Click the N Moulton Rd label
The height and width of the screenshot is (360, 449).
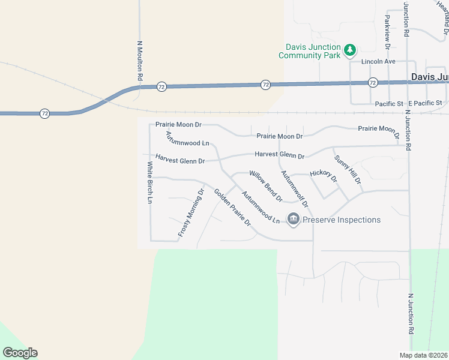[x=139, y=61]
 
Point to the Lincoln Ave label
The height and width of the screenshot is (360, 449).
[x=378, y=62]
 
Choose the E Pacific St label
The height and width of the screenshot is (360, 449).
[x=425, y=104]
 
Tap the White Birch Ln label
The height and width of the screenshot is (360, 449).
[x=149, y=182]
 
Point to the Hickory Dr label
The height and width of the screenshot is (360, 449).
[x=324, y=177]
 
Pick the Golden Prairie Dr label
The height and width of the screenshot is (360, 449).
[x=232, y=208]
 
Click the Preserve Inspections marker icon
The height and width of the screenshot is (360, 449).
[x=294, y=220]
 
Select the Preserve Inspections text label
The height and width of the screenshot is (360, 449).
[x=342, y=220]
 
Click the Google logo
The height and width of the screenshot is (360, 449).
[x=20, y=353]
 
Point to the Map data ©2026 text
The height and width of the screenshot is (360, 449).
[x=423, y=355]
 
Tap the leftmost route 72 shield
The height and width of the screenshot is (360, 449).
[x=44, y=113]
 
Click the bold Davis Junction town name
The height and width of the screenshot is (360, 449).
[x=430, y=77]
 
